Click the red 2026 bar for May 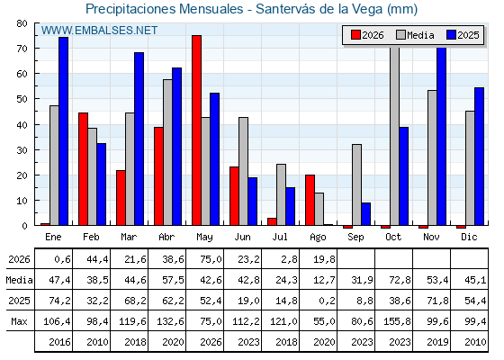(197, 130)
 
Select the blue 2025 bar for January (63, 131)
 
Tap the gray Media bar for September (356, 184)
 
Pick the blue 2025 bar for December (479, 157)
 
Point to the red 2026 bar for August (310, 200)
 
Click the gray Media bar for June (243, 171)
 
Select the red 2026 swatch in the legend (355, 35)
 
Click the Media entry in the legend (415, 35)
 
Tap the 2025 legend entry (463, 35)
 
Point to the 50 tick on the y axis (22, 99)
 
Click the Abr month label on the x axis (166, 237)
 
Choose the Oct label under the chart (393, 237)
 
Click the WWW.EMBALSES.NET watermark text (99, 31)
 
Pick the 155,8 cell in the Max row (397, 321)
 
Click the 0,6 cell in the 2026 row (62, 259)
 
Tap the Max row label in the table (19, 321)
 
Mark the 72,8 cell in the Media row (400, 280)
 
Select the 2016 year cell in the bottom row (59, 342)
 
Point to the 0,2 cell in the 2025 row (327, 301)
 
